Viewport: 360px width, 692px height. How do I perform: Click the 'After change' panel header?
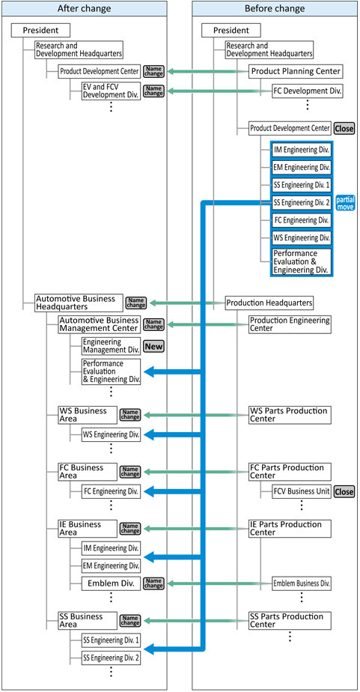point(85,8)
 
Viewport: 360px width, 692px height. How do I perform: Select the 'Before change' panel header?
point(275,8)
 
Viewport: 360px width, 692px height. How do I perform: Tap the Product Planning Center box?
point(296,71)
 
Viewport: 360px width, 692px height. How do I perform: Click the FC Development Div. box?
point(308,92)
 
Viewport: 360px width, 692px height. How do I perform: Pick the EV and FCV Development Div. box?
point(112,91)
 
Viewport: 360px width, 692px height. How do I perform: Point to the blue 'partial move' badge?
point(346,202)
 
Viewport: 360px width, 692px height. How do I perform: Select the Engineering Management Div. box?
point(112,347)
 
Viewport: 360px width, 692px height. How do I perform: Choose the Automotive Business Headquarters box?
point(78,303)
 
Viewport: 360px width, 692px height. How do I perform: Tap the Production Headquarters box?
point(269,303)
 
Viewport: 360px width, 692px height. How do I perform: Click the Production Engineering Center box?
point(290,324)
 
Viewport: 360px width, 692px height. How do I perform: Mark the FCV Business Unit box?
point(302,491)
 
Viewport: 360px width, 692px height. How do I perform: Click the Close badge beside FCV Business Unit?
point(344,491)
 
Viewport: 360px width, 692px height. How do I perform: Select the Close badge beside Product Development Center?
point(344,128)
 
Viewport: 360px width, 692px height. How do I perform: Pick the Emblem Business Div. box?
point(302,583)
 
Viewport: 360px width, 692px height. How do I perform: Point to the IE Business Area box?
point(88,529)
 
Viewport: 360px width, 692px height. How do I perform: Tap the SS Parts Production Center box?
point(290,621)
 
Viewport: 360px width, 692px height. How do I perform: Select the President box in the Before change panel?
point(231,31)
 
